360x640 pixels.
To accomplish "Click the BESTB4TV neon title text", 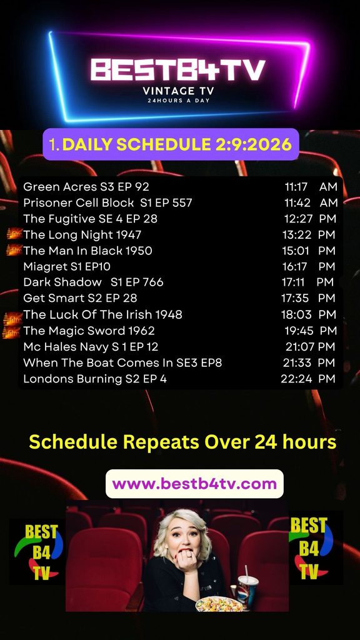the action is (x=178, y=70).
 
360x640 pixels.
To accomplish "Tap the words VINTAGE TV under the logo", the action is (x=178, y=91).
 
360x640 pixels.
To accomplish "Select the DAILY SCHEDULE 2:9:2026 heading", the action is (x=177, y=144).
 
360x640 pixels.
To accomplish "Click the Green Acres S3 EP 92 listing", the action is (x=86, y=186).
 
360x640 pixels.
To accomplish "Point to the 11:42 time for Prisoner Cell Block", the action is (x=297, y=202).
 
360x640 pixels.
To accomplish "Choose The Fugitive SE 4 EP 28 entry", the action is (x=90, y=219).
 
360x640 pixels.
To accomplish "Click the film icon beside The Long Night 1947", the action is (x=14, y=234).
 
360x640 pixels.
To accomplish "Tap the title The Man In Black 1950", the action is (x=87, y=251).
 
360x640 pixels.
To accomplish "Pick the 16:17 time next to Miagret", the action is (x=295, y=266).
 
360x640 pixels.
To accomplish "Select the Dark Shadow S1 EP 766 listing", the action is (x=93, y=282).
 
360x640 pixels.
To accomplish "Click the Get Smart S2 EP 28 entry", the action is (x=80, y=298).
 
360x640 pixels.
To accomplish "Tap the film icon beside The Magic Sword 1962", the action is (x=12, y=331).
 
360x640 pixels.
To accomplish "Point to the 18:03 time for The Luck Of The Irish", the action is (x=296, y=315).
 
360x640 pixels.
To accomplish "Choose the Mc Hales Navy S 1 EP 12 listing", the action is (x=91, y=346).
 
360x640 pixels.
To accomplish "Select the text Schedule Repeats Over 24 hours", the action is (x=183, y=442).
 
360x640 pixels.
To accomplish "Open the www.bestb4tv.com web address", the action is (x=194, y=484).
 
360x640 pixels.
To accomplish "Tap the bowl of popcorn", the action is (x=219, y=604).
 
